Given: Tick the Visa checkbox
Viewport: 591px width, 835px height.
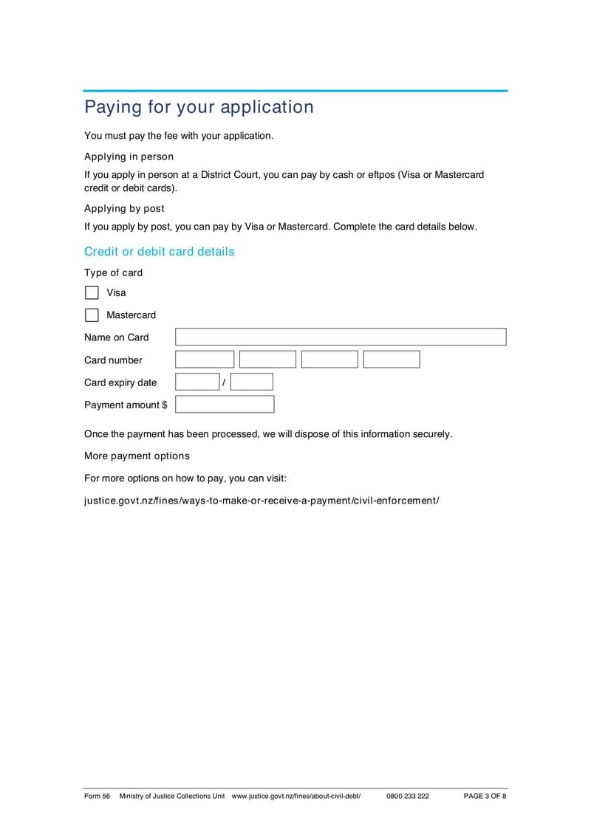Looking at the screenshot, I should pos(92,292).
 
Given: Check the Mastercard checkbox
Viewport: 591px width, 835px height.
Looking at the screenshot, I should pos(92,315).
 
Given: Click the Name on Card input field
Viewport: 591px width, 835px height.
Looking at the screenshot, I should pos(341,337).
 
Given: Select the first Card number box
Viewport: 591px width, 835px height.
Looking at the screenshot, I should pos(205,360).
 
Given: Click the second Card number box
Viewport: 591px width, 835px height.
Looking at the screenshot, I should pos(267,360).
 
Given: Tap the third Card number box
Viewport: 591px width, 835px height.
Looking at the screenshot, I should pos(329,360).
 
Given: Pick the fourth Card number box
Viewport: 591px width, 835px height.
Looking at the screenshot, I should pos(392,360).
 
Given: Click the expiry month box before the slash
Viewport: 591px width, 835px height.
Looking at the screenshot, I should pos(197,382).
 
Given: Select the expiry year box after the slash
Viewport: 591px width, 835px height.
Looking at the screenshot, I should pos(252,382).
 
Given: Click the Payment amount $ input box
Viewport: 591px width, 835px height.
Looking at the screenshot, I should pos(225,405).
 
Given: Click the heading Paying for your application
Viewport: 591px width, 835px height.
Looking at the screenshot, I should pos(199,107).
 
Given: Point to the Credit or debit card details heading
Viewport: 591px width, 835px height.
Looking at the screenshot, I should pos(159,252).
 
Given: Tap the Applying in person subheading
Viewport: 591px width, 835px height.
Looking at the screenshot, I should pos(129,157).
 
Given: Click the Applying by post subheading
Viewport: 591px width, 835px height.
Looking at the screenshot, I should pos(124,209).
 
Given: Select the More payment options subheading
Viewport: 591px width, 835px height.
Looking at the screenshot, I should pos(137,456).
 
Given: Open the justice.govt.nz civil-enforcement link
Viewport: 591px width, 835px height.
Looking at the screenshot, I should pos(262,501).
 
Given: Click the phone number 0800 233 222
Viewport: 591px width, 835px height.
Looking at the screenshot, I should pos(407,797).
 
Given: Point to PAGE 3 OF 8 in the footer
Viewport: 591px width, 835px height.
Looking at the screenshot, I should pos(485,797).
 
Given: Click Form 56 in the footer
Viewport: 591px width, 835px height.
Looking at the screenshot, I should pos(97,797).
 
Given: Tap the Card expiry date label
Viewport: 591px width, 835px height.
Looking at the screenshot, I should pos(120,382).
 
